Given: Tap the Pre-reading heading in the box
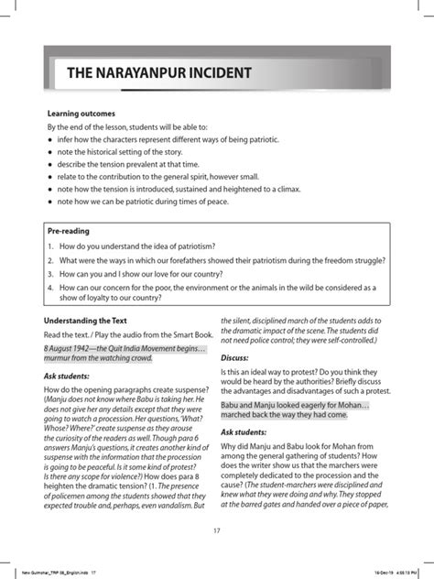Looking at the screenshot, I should (69, 231).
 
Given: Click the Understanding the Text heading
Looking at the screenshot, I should (92, 321).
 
